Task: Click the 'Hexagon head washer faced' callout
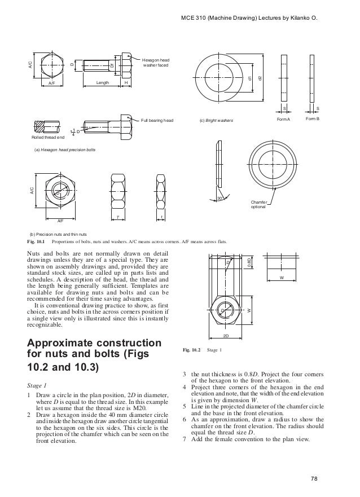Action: coord(155,62)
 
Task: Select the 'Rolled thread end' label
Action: coord(48,137)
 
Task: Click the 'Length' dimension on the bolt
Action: coord(102,82)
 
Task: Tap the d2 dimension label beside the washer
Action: coord(260,78)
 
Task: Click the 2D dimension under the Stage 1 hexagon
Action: coord(225,336)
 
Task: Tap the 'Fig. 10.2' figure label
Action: coord(191,350)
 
